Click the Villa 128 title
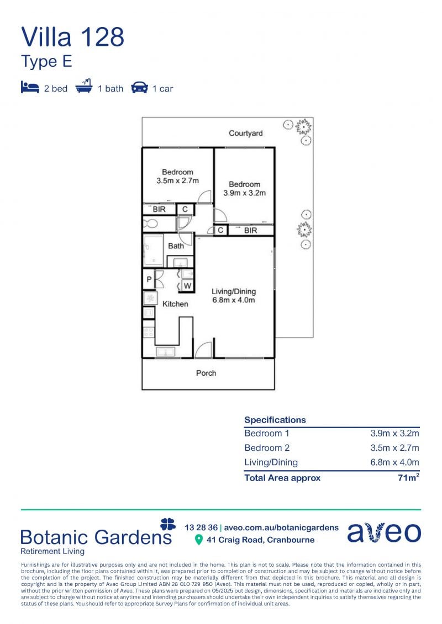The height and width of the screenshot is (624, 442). point(72,37)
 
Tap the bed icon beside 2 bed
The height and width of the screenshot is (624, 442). point(30,88)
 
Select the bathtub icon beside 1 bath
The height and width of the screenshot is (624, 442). point(83,87)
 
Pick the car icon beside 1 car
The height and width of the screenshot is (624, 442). point(139,88)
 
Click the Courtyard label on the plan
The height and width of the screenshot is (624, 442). point(245,134)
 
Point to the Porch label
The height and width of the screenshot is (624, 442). point(206,374)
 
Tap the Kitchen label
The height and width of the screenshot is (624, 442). point(175,304)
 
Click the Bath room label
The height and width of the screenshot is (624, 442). point(176,246)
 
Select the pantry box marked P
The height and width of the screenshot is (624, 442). point(149,279)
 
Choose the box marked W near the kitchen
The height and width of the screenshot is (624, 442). point(187,286)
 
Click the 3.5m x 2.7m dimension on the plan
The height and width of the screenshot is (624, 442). point(178,180)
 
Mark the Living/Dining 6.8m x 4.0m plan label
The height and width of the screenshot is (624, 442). point(234,296)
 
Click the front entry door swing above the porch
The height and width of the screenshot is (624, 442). point(203,350)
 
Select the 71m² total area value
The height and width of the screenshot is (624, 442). point(408,477)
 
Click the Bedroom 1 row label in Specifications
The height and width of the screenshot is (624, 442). point(267,433)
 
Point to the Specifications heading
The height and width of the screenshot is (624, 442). point(275,420)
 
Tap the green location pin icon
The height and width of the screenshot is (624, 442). point(198,540)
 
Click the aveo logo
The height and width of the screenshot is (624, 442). point(384,532)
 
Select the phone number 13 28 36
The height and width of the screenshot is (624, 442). point(201,527)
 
